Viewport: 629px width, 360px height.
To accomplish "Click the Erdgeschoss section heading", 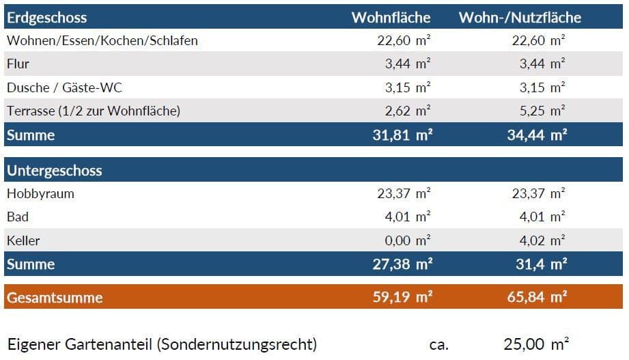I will [x=47, y=17].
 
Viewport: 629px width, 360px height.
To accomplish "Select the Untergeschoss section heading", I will [x=55, y=170].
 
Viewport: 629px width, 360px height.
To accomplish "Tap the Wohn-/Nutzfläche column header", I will [x=520, y=17].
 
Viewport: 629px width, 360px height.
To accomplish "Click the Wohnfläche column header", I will [x=391, y=17].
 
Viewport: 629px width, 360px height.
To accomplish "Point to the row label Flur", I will [x=18, y=64].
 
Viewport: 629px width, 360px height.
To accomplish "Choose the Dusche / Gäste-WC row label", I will [x=65, y=87].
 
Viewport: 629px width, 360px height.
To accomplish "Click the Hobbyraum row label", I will [x=40, y=193].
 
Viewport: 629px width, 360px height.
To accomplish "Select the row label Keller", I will [x=23, y=240].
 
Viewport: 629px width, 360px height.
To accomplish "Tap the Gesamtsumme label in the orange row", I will [x=55, y=297].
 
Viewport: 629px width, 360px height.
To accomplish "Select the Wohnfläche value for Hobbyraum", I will [x=404, y=193].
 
